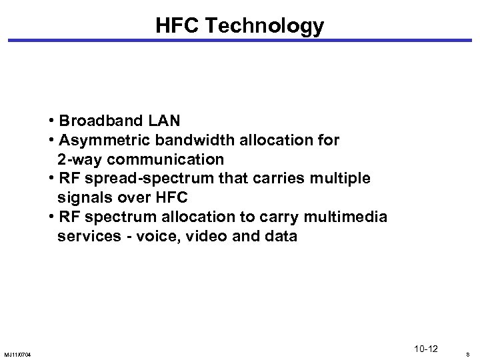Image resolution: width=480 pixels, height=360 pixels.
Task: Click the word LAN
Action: click(x=166, y=122)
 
